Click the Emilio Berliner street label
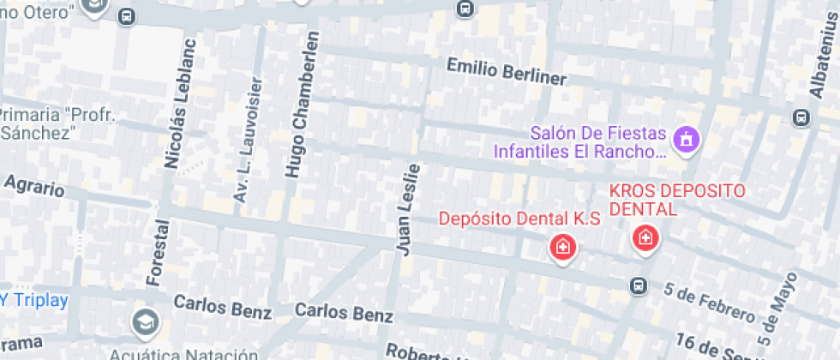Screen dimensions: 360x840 pyautogui.click(x=507, y=71)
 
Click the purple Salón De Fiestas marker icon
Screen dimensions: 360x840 pyautogui.click(x=686, y=139)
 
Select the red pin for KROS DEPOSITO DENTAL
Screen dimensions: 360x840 pyautogui.click(x=645, y=237)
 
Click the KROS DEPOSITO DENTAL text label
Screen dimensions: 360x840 pyautogui.click(x=677, y=199)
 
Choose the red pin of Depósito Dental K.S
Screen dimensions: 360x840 pyautogui.click(x=562, y=248)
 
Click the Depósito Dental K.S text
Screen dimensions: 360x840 pyautogui.click(x=518, y=219)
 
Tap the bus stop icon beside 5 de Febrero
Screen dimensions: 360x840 pyautogui.click(x=639, y=285)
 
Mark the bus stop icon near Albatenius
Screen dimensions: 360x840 pyautogui.click(x=801, y=116)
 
